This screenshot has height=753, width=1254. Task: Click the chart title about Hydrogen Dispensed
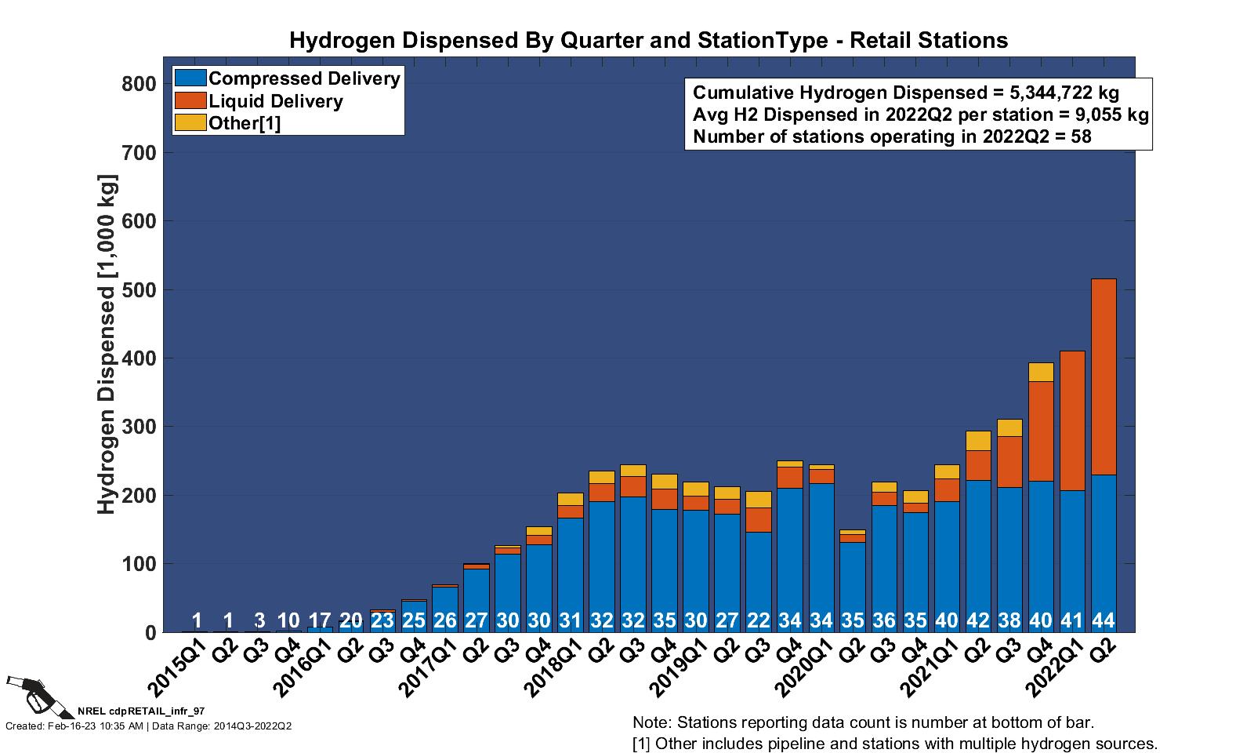click(x=648, y=41)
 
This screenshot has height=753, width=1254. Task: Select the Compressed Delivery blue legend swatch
click(x=190, y=78)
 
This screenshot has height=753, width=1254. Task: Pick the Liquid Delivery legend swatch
click(x=190, y=100)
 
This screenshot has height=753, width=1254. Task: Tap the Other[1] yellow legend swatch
click(x=190, y=123)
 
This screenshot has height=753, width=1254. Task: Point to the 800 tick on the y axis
click(x=140, y=84)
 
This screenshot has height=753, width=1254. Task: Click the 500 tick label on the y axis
click(x=140, y=290)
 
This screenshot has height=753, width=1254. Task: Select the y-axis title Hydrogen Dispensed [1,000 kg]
click(x=107, y=345)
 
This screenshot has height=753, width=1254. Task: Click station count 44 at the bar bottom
click(x=1104, y=621)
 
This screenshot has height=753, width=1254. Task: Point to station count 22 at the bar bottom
click(x=759, y=621)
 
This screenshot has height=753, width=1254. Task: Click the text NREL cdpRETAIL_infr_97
click(x=141, y=711)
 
